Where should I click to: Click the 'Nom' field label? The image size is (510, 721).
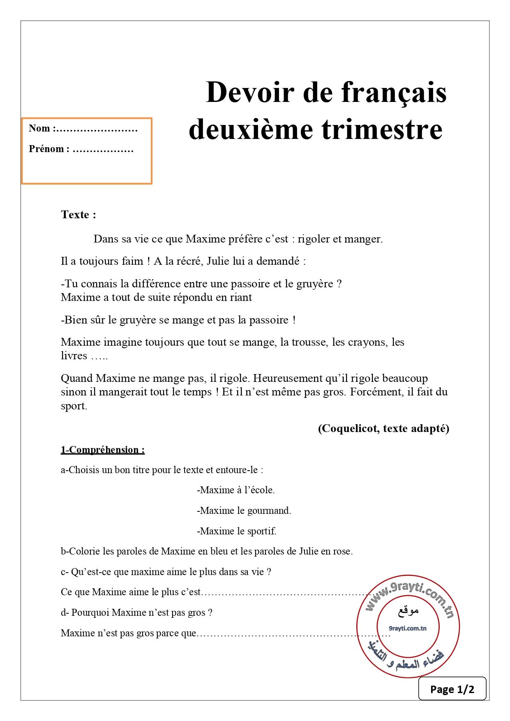coord(39,128)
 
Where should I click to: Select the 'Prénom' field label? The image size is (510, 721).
coord(46,149)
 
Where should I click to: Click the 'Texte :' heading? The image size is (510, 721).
coord(78,215)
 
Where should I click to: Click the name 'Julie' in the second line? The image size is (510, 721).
coord(218,261)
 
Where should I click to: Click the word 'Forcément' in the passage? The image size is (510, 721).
coord(376,392)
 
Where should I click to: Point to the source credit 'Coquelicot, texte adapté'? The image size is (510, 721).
coord(383,428)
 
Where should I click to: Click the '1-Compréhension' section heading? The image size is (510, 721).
coord(102,450)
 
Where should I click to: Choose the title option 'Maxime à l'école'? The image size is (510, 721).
coord(236,490)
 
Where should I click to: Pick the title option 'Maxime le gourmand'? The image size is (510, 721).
coord(244,511)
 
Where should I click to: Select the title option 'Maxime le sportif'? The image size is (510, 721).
coord(237,531)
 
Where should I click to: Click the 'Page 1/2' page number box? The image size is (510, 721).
coord(452,689)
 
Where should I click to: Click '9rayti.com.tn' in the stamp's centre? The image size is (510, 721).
coord(408,628)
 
